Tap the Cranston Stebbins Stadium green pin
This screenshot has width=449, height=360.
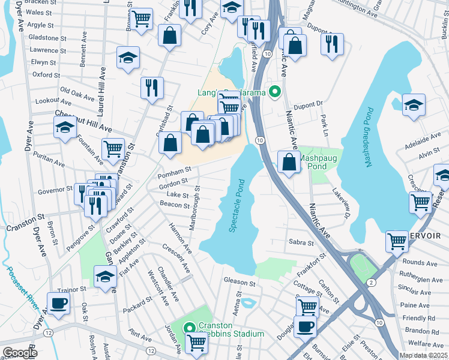[x=188, y=328]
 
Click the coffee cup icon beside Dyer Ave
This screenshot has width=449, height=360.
[x=58, y=303]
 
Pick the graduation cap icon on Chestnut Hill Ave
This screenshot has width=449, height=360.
[x=65, y=127]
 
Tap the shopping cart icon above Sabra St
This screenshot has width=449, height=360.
[x=397, y=241]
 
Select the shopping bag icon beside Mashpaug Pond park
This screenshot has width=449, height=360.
[x=289, y=162]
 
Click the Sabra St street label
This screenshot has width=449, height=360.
[x=302, y=243]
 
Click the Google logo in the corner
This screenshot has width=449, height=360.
[x=20, y=353]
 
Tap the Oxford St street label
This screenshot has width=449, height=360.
[x=43, y=75]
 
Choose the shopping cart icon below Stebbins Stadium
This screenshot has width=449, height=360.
[x=196, y=343]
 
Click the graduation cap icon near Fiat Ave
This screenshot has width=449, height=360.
[x=105, y=276]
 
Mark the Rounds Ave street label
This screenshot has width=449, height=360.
[x=420, y=262]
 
